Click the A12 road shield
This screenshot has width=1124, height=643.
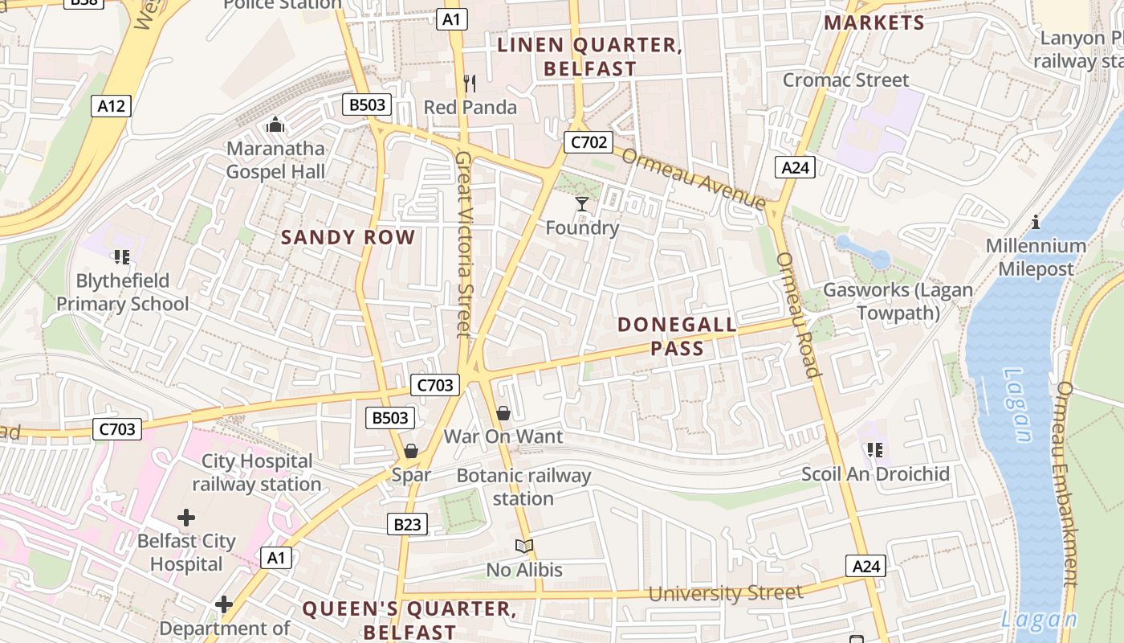pos(111,106)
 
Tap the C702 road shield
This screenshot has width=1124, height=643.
pos(588,142)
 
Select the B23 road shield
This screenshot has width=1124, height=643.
pos(407,525)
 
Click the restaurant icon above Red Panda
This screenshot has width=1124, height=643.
pos(470,83)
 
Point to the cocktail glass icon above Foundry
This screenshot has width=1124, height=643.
pos(582,204)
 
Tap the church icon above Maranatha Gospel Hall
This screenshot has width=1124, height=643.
pos(275,125)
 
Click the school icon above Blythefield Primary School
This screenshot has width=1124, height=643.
pos(122,257)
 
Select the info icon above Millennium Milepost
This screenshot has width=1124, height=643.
pos(1036,222)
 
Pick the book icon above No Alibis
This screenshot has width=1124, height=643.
pos(524,547)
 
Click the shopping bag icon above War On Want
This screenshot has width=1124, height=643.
pos(503,413)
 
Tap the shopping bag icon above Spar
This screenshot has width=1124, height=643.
pos(411,451)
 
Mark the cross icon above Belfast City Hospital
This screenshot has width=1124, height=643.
pos(186,518)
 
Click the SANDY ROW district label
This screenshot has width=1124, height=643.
pos(348,237)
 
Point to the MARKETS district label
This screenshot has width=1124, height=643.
pos(874,23)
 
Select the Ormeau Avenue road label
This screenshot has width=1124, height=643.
pos(694,178)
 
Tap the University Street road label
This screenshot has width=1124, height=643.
pos(725,593)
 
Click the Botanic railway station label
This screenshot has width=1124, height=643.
pos(523,487)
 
